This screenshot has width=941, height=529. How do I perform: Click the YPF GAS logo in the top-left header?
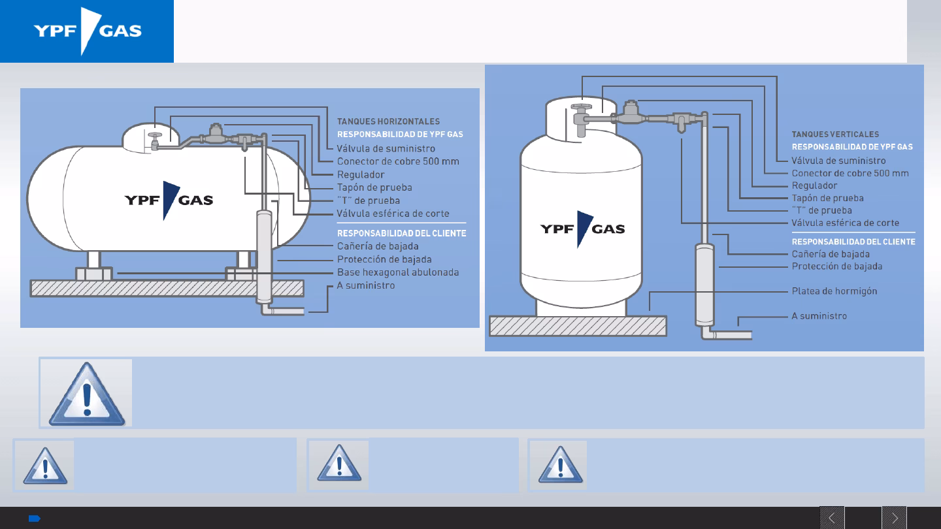click(88, 31)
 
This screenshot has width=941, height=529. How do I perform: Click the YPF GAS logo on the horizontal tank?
click(169, 199)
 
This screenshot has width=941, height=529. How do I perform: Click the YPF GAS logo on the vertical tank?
click(582, 229)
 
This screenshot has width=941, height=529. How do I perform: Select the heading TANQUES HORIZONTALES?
click(388, 121)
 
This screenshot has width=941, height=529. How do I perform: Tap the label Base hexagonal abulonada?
click(397, 272)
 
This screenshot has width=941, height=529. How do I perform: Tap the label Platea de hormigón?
click(834, 291)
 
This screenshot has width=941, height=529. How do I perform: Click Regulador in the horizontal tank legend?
click(360, 174)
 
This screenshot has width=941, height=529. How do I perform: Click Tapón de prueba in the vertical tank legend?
click(827, 198)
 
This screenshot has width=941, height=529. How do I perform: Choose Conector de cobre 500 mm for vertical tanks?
click(850, 173)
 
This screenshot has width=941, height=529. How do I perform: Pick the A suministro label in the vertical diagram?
click(819, 316)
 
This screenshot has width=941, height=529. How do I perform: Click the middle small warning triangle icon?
click(339, 466)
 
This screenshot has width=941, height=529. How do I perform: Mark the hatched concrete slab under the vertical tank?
click(578, 326)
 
